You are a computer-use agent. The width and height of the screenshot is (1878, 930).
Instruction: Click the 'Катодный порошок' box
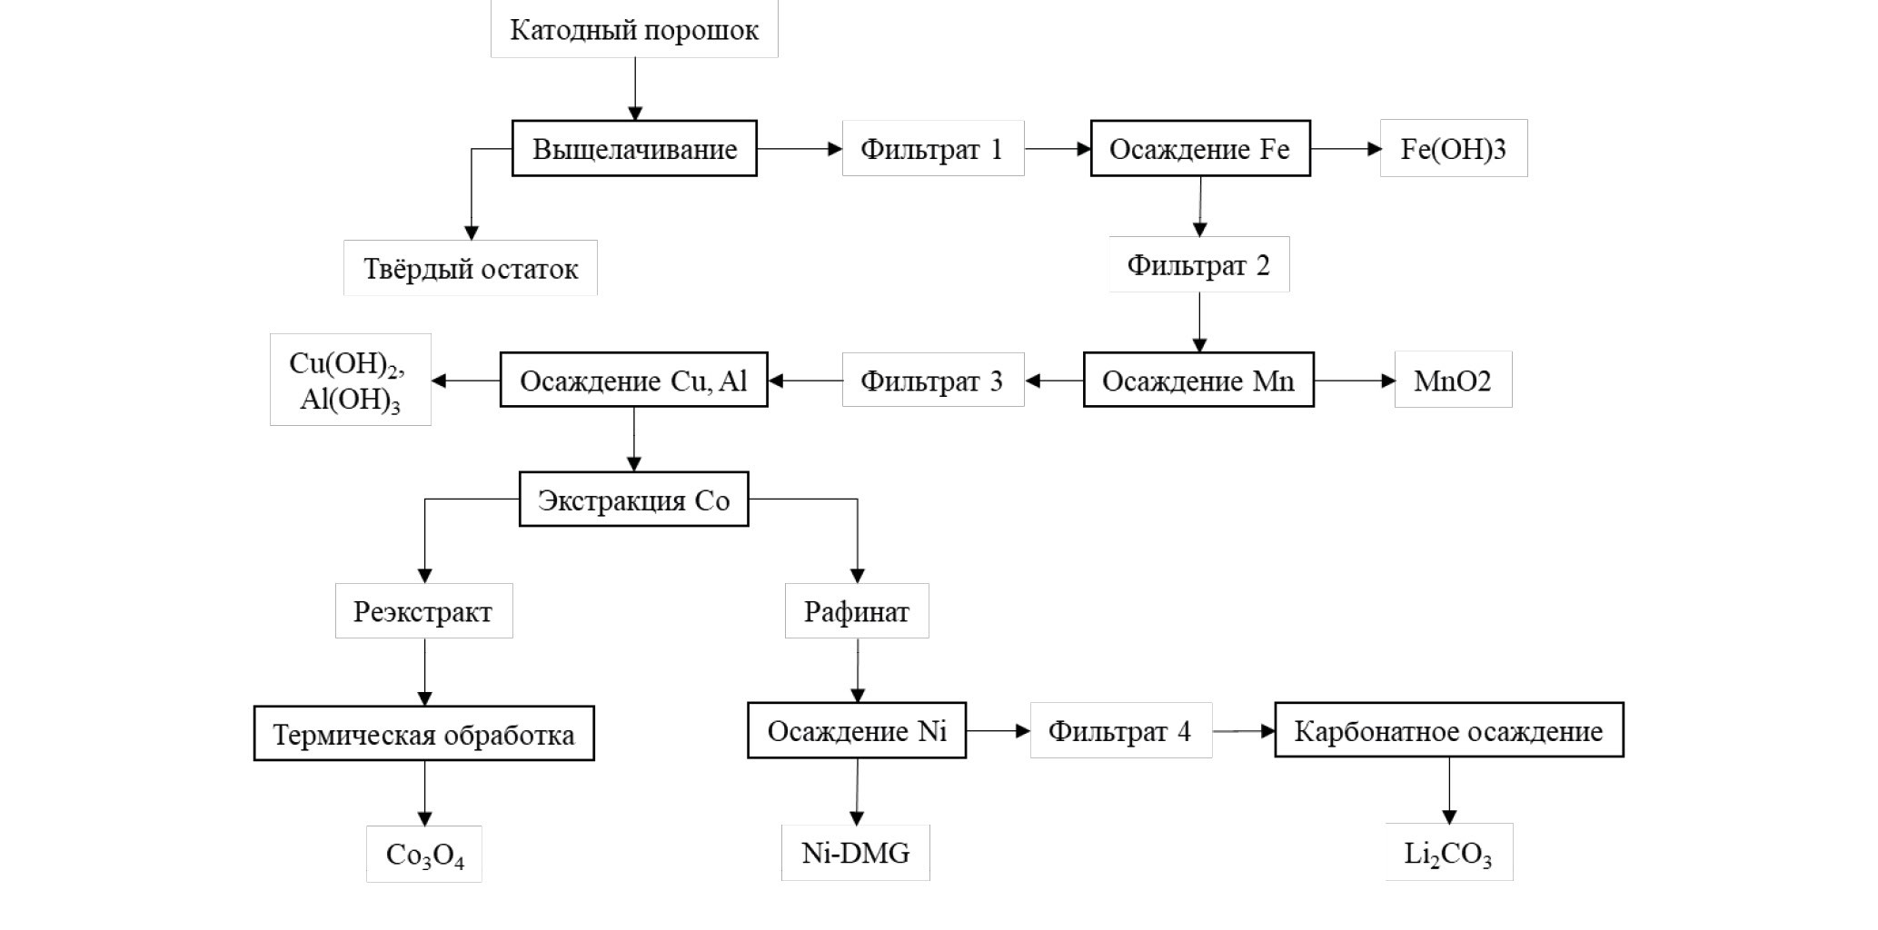pyautogui.click(x=634, y=30)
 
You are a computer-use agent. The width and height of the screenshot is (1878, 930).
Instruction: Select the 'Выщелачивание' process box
pyautogui.click(x=634, y=149)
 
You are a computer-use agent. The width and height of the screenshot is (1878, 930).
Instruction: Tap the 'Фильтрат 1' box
pyautogui.click(x=932, y=149)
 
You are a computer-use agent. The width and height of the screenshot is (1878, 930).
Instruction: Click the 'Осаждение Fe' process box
pyautogui.click(x=1199, y=149)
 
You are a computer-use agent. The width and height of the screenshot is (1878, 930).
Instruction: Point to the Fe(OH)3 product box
pyautogui.click(x=1453, y=149)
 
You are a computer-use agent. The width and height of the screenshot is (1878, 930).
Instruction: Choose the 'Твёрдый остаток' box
pyautogui.click(x=470, y=269)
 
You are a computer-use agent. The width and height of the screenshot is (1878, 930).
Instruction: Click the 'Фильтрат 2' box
pyautogui.click(x=1198, y=265)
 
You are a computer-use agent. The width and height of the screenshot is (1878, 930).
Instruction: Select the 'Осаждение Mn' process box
pyautogui.click(x=1198, y=381)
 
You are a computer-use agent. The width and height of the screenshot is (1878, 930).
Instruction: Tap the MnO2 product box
pyautogui.click(x=1453, y=381)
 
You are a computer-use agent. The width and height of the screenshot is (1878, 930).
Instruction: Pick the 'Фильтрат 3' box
pyautogui.click(x=932, y=381)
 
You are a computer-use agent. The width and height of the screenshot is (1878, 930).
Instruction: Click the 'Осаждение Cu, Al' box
pyautogui.click(x=633, y=381)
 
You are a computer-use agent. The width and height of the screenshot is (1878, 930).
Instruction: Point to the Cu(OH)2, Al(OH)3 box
pyautogui.click(x=350, y=381)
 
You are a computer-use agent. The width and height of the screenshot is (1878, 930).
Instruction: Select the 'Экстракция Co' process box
pyautogui.click(x=633, y=500)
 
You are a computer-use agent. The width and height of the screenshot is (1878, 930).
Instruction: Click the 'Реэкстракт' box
pyautogui.click(x=423, y=611)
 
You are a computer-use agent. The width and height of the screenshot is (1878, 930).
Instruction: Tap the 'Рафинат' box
pyautogui.click(x=856, y=611)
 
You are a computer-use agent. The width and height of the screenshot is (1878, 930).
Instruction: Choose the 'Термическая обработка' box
pyautogui.click(x=423, y=734)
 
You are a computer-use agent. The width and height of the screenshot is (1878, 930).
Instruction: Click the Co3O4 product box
pyautogui.click(x=423, y=855)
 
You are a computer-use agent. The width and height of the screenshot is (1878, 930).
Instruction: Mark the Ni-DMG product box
pyautogui.click(x=855, y=853)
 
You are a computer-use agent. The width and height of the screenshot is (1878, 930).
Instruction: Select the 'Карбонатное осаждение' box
pyautogui.click(x=1448, y=731)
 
